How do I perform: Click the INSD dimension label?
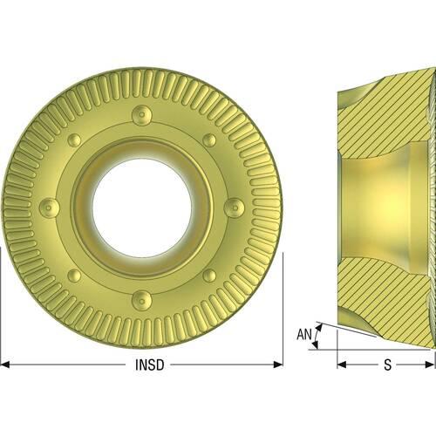pos(150,364)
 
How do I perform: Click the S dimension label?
pos(388,364)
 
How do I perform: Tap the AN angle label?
pos(304,334)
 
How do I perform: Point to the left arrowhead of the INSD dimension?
pos(5,364)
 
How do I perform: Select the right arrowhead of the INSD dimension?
pos(278,364)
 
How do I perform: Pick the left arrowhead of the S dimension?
pos(342,364)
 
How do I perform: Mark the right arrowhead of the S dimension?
pos(429,364)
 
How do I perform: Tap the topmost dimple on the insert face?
pos(142,115)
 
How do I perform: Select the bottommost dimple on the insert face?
pos(142,301)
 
